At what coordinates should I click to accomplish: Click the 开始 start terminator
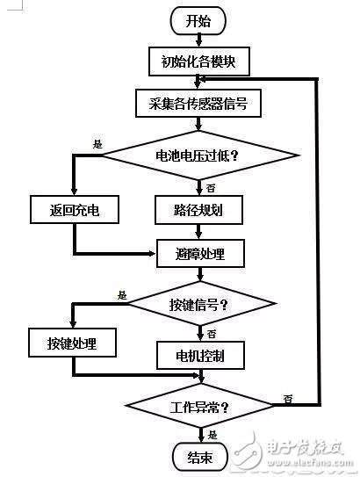201,21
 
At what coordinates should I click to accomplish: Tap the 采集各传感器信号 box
201,103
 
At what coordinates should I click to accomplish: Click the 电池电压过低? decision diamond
201,156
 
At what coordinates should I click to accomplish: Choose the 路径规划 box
201,210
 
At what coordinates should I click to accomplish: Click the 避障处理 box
201,254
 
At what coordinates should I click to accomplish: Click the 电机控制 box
201,357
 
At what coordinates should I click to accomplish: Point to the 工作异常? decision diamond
201,407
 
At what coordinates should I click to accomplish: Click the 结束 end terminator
201,457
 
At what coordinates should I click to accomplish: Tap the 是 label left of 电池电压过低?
97,145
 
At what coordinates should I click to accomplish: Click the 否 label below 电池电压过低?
211,187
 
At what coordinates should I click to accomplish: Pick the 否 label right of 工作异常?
288,400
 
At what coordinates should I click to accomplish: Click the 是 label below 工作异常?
212,434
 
